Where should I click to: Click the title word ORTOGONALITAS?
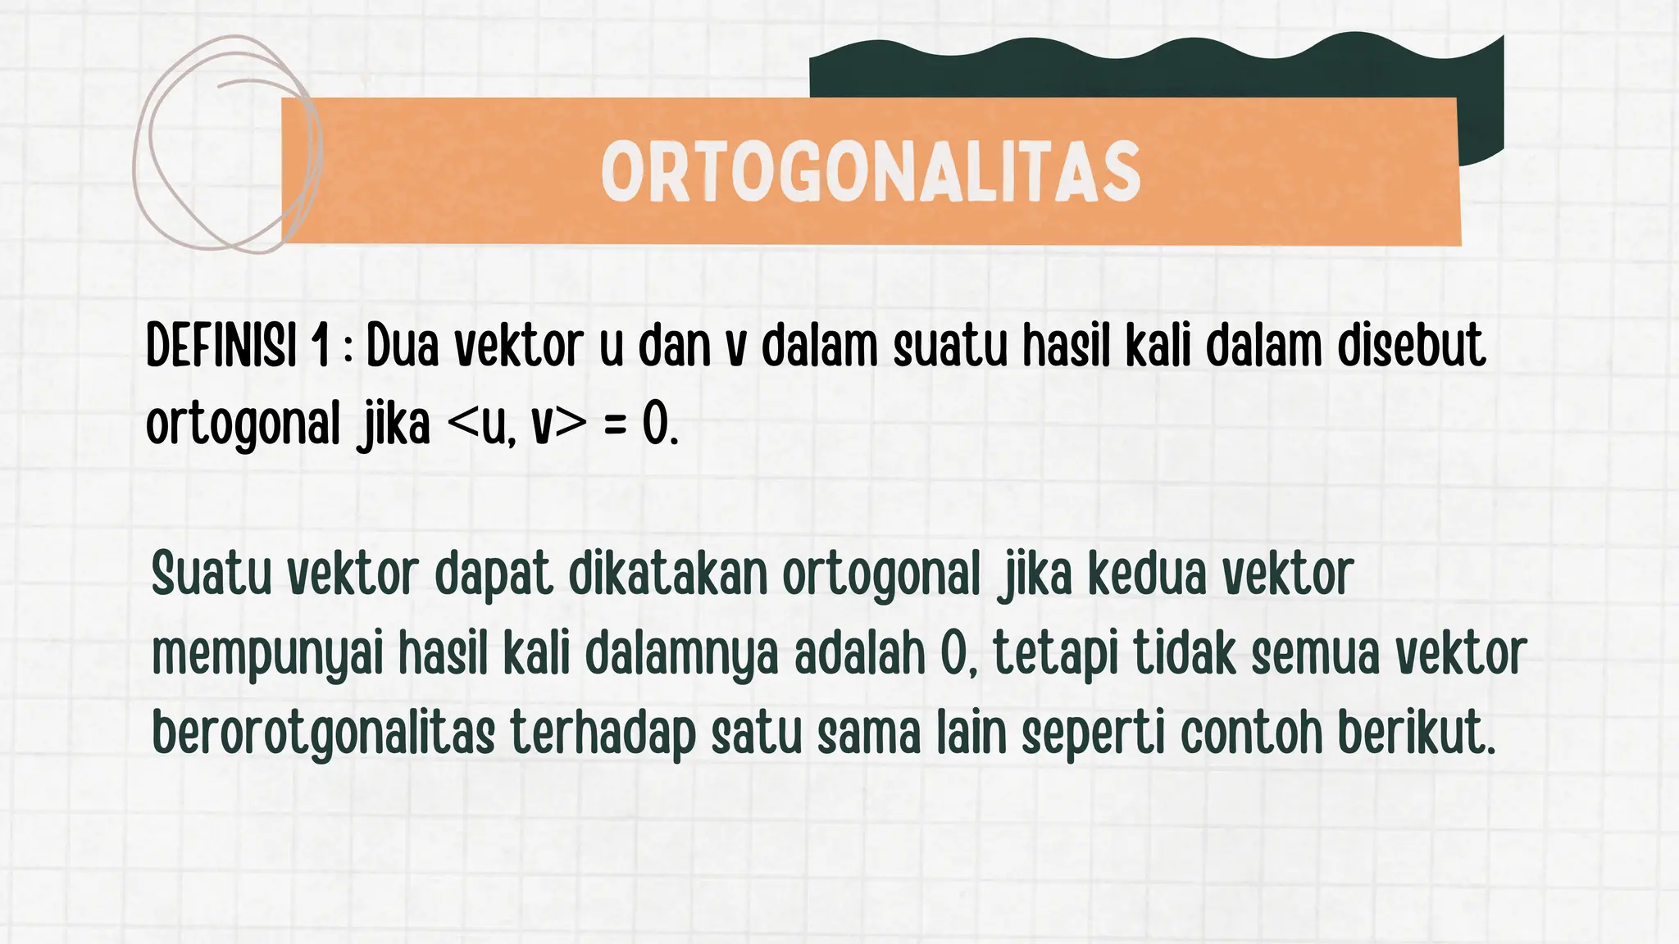871,171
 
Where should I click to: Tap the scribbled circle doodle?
225,143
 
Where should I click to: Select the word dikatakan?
667,574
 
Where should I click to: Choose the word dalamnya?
680,656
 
